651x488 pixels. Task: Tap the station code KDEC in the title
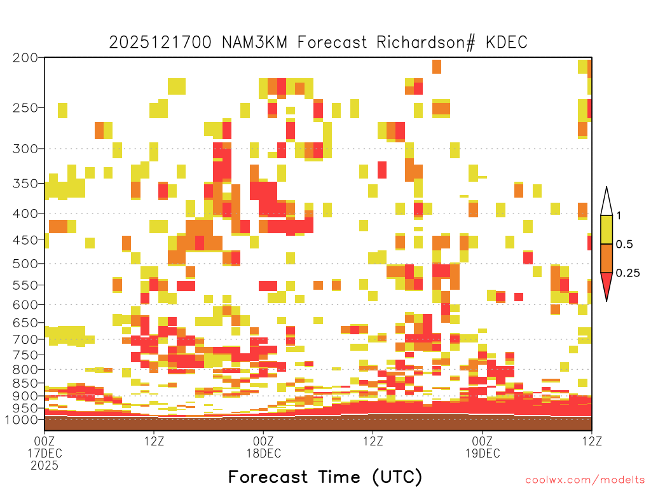point(507,43)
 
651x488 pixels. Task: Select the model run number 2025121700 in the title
point(160,43)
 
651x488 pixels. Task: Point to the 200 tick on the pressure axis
point(25,58)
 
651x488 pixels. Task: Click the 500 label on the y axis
point(25,264)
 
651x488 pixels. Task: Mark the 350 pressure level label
point(25,184)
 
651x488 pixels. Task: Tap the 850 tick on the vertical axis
point(25,383)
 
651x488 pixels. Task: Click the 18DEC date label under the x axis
point(264,453)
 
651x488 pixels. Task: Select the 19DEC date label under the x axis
point(483,453)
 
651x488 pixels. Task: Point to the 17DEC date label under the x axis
point(45,453)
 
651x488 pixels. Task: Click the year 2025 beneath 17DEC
point(45,466)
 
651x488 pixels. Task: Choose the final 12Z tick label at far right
point(592,441)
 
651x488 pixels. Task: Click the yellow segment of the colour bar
point(606,229)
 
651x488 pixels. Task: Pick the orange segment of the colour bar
point(606,258)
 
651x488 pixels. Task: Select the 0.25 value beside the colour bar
point(627,273)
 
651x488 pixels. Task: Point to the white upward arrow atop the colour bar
point(606,201)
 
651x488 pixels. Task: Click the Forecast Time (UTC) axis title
point(325,477)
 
